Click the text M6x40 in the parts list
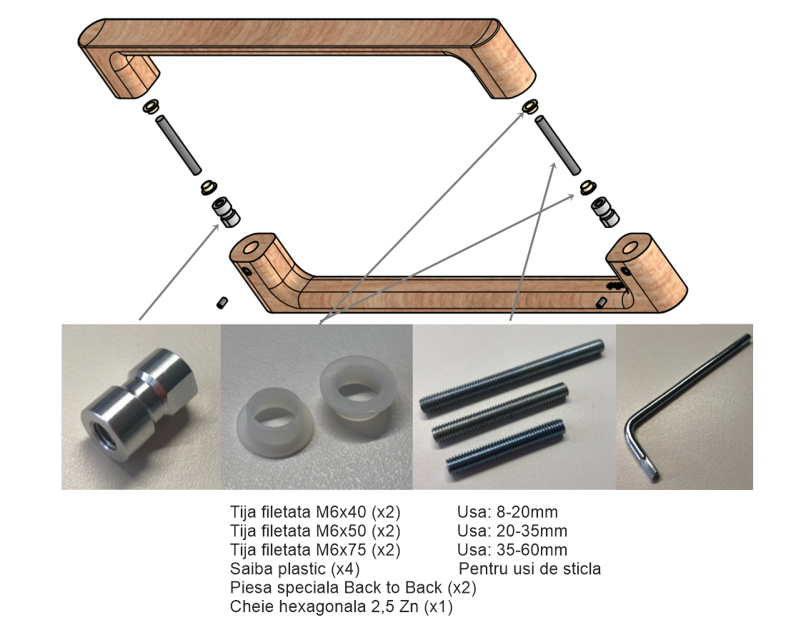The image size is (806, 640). (x=341, y=512)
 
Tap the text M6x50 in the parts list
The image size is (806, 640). (x=341, y=531)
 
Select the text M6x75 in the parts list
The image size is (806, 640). (x=341, y=550)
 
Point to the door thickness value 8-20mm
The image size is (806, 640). (x=527, y=512)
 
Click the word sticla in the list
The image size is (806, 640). (x=578, y=569)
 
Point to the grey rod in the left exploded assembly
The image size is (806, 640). (x=179, y=145)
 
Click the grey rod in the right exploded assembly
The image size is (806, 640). (x=558, y=146)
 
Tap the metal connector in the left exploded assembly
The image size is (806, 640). (x=226, y=211)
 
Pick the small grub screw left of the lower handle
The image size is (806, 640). (x=222, y=303)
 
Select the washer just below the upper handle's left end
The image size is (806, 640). (x=151, y=107)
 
